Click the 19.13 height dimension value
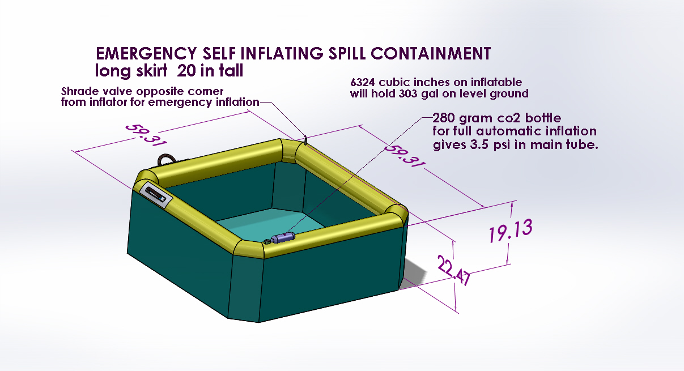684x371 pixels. [511, 231]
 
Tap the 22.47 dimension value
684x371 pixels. [454, 270]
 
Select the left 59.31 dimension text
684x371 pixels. [146, 135]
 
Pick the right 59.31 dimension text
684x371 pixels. [404, 156]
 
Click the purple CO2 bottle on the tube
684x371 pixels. [283, 237]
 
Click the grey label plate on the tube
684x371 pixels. [156, 195]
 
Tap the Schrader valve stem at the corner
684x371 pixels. [305, 139]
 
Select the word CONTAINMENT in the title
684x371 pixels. [431, 53]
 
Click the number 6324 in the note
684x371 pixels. [363, 82]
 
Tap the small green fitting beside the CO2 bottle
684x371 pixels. [267, 242]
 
